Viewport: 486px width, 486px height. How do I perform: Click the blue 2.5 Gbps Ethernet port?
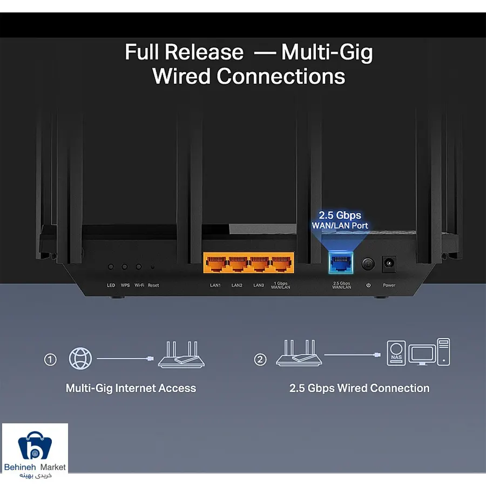pos(341,263)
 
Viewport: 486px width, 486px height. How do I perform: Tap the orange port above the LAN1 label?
pos(216,263)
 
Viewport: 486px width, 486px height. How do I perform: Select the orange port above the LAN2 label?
pos(238,263)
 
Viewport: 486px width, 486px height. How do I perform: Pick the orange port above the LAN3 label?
pos(260,263)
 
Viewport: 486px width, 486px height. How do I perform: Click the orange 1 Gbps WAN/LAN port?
pos(281,263)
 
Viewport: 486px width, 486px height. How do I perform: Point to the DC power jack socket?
pos(389,264)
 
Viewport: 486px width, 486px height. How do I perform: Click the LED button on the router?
pos(111,267)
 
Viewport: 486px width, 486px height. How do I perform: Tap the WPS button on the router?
pos(125,267)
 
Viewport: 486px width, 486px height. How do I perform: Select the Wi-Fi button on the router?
pos(139,267)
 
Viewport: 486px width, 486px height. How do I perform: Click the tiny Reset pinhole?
pos(152,267)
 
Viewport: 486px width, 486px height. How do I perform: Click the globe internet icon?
pos(80,359)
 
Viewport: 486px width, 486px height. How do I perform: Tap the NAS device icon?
pos(396,353)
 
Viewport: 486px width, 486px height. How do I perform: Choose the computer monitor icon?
pos(422,355)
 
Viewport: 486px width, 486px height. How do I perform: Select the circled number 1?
pos(50,360)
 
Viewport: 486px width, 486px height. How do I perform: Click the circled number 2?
pos(260,360)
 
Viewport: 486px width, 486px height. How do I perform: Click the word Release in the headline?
pos(204,52)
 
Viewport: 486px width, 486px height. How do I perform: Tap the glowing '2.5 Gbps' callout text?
pos(340,215)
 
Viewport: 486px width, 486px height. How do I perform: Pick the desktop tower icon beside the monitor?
pos(443,352)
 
